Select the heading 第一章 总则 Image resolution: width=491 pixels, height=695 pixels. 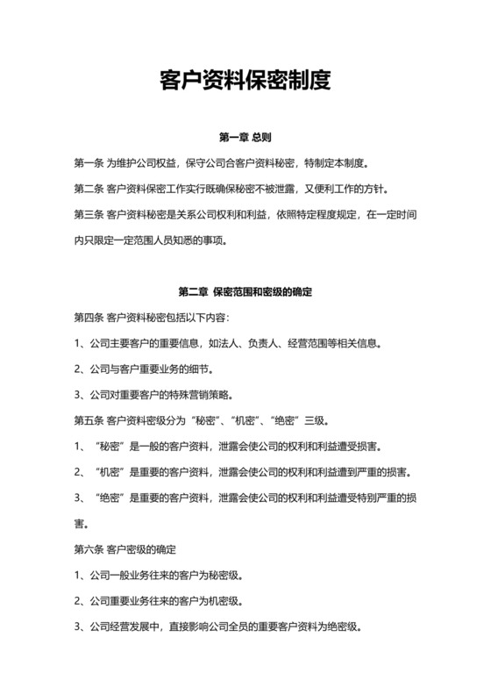[245, 138]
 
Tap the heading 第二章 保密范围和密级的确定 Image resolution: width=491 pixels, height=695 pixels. [245, 291]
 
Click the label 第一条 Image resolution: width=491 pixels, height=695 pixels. [89, 163]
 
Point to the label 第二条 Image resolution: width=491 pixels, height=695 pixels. [89, 189]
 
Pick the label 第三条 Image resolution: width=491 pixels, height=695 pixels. [89, 214]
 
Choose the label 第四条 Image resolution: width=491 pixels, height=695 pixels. [89, 317]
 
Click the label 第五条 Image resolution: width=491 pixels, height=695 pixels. [89, 419]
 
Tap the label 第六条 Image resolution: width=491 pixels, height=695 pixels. [89, 550]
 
